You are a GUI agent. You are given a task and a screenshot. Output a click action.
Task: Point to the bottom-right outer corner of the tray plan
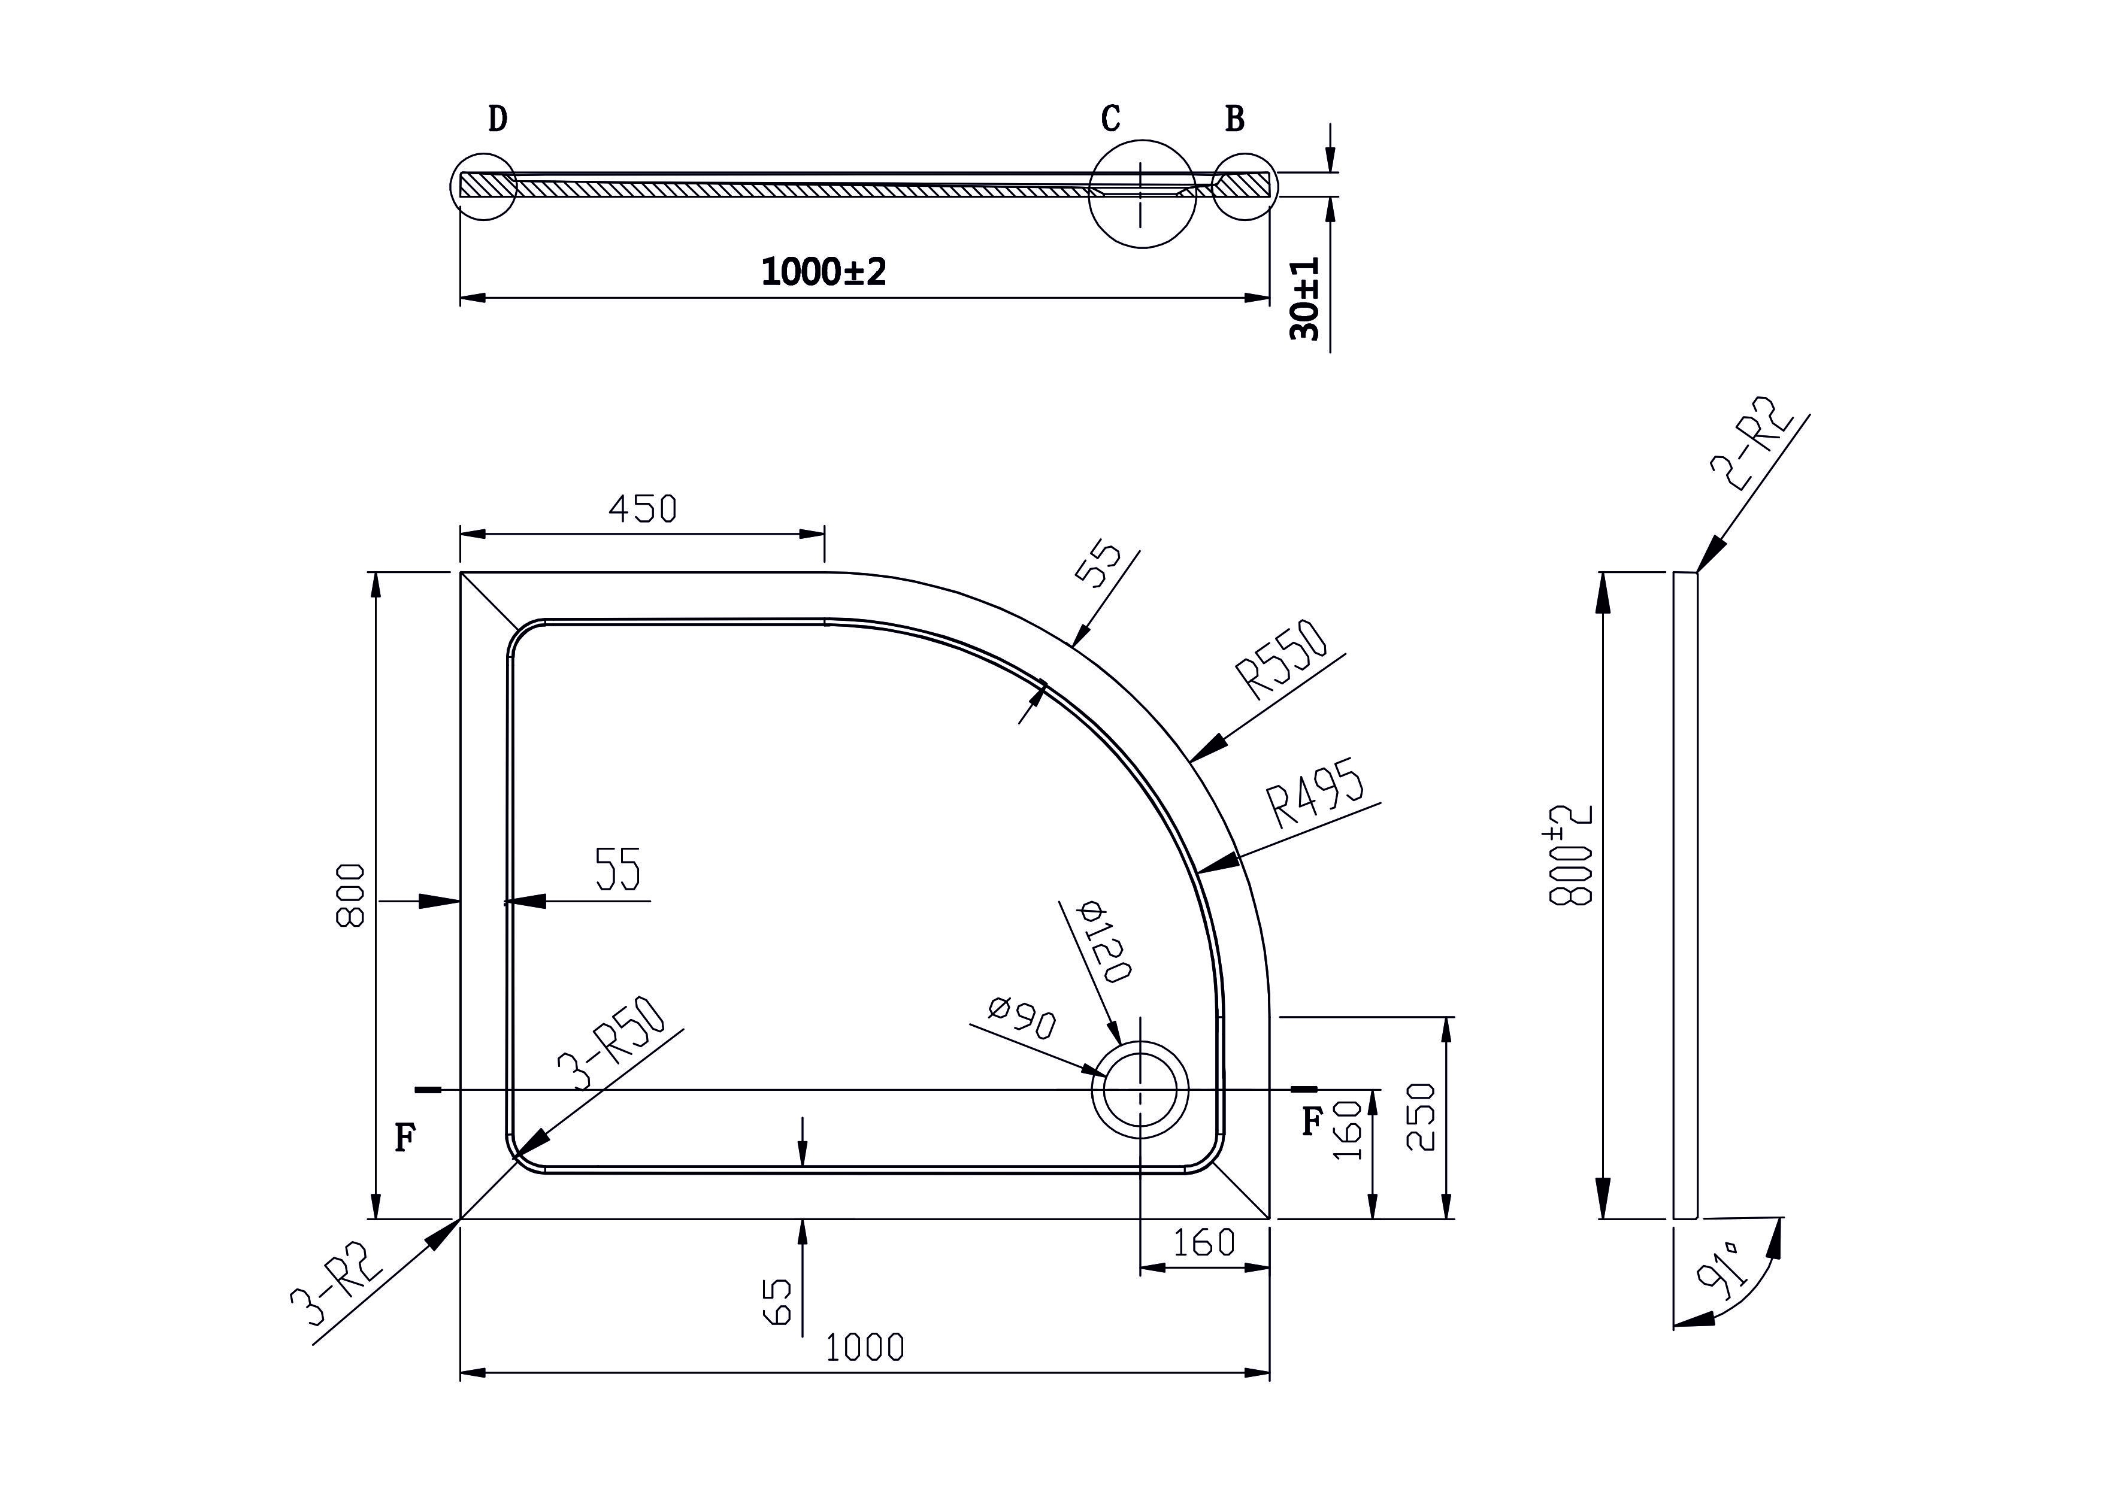1269,1219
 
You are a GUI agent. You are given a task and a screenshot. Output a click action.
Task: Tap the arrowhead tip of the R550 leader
1189,762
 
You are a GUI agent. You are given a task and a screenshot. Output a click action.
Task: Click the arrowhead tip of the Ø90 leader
1107,1076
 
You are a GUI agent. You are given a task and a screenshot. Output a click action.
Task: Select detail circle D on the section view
484,186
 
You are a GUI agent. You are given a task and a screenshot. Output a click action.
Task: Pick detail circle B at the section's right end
1243,186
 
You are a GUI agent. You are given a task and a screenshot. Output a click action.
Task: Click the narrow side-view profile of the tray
1685,896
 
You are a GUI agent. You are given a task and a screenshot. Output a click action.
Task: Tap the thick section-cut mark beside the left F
428,1090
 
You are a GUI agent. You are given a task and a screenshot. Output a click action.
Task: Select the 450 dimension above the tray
643,509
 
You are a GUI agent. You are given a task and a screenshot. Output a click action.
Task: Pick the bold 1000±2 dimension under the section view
824,272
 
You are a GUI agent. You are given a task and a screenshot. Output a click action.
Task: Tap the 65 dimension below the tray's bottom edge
776,1301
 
